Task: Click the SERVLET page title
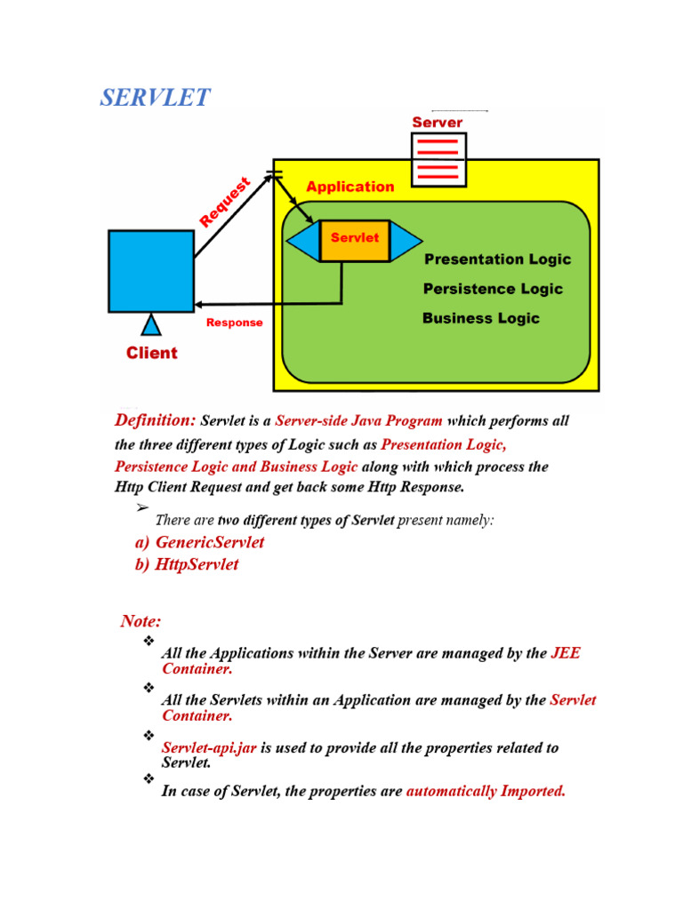point(155,98)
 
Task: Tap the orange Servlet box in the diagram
point(354,239)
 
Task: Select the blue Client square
point(151,271)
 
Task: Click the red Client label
point(151,353)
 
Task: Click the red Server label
point(437,122)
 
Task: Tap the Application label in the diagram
point(350,187)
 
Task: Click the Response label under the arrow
point(234,323)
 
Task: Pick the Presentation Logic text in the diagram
point(497,259)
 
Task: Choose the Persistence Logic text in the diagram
point(493,289)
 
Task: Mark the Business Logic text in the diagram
point(480,318)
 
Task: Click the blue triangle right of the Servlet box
point(405,239)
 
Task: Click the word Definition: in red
point(156,419)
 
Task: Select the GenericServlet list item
point(199,542)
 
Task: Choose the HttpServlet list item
point(187,564)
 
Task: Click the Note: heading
point(141,620)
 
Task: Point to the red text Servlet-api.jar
point(209,748)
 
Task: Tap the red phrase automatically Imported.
point(486,791)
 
